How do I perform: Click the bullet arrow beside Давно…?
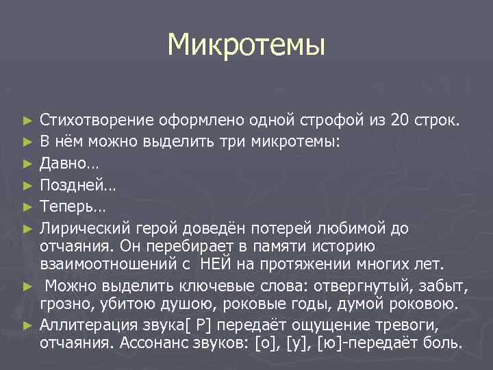[x=27, y=164]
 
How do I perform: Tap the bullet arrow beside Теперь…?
[x=27, y=206]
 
